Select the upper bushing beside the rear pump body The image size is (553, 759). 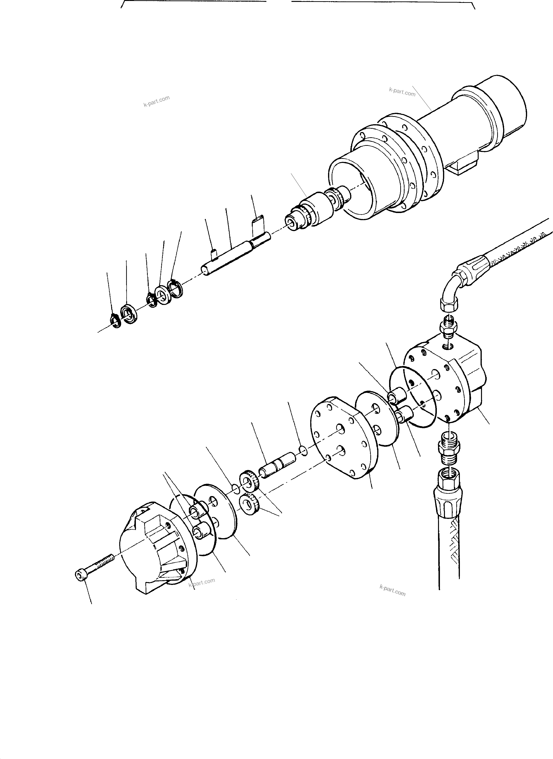tap(395, 397)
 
